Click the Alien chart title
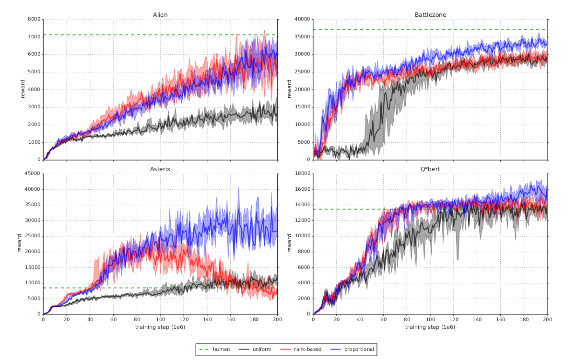pos(160,15)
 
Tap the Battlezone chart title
pos(430,15)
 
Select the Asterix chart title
pos(160,169)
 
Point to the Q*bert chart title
pos(430,169)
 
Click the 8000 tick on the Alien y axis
pos(34,19)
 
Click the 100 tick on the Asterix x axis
pos(160,319)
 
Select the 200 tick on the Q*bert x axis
pos(547,319)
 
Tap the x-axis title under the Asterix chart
pos(160,327)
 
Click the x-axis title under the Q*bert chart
pos(430,327)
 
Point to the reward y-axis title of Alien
pos(22,90)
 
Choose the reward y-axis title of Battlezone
pos(290,90)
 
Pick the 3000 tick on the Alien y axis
pos(34,107)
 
